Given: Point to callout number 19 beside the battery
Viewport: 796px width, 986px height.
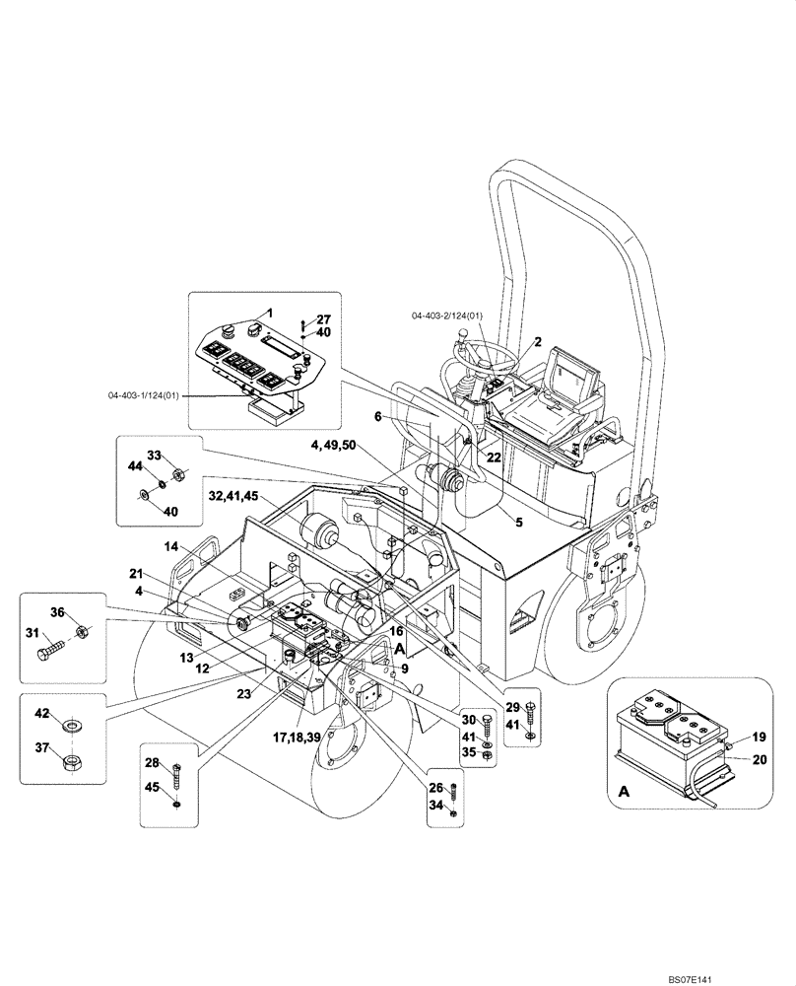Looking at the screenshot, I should pyautogui.click(x=759, y=736).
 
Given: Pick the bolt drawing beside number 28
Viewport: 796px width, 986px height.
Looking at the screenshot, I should pyautogui.click(x=177, y=775).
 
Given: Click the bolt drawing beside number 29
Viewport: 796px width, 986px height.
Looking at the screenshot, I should pyautogui.click(x=532, y=712).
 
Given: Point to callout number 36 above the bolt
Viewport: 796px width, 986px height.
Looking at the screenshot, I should pyautogui.click(x=58, y=612).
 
